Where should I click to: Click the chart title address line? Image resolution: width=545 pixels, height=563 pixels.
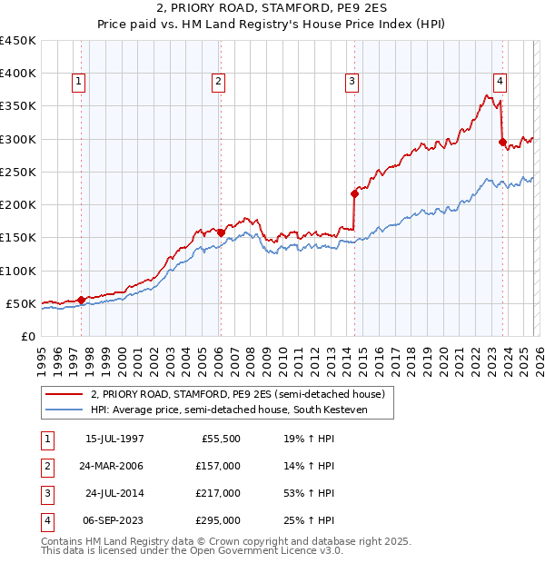click(272, 10)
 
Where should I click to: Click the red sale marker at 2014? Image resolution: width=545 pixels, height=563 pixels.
click(354, 193)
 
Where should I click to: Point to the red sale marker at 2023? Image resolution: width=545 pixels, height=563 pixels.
click(502, 142)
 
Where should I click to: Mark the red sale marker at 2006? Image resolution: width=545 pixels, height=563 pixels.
click(221, 232)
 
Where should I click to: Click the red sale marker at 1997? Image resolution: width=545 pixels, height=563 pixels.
click(81, 299)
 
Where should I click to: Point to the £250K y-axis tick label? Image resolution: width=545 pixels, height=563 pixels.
click(18, 172)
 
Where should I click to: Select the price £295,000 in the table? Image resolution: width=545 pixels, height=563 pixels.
click(218, 520)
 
